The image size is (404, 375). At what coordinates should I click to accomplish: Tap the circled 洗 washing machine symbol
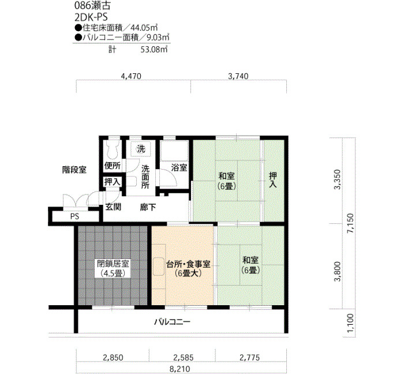coord(141,149)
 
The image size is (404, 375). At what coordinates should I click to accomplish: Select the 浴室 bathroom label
coord(179,168)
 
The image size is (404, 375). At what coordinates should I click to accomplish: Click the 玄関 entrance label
coord(113,207)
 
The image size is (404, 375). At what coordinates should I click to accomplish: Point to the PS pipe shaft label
coord(74,216)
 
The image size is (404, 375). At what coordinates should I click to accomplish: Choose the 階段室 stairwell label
coord(74,170)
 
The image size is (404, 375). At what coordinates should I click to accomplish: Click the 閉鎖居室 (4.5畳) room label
coord(113,268)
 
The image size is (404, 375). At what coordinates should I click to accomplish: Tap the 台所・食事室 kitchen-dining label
coord(188,269)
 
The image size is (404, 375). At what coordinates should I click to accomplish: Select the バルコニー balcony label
coord(173,322)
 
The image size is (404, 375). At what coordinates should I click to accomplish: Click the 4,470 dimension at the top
coord(131,76)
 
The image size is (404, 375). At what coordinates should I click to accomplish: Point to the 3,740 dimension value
coord(238,76)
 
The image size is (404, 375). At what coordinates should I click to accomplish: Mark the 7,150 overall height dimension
coord(350,223)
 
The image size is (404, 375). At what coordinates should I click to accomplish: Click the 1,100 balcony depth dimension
coord(350,323)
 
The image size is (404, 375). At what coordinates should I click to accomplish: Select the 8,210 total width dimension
coord(180,369)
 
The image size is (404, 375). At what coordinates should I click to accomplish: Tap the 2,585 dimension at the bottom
coord(183,358)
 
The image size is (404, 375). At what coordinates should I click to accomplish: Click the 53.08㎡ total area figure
coord(154,50)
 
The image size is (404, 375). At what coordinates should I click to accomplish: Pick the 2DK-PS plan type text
coord(91,17)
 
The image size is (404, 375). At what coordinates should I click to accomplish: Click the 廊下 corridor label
coord(148,207)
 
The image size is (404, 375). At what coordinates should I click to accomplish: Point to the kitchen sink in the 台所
coord(159,267)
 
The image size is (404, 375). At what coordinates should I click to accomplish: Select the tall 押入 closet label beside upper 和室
coord(273,180)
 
